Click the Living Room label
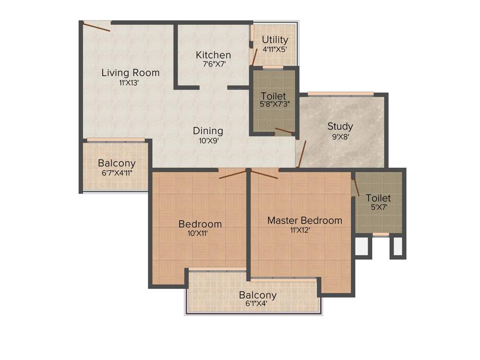click(130, 73)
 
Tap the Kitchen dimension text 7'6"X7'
click(214, 64)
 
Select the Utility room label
click(275, 40)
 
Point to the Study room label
click(340, 126)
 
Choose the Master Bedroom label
click(305, 220)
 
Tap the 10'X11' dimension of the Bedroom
click(200, 233)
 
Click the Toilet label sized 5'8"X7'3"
click(273, 96)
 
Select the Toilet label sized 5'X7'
click(378, 198)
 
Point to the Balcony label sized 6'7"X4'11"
click(117, 163)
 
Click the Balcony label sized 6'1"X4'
click(257, 295)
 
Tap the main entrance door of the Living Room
click(97, 27)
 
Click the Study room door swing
click(301, 154)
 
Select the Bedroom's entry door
click(232, 174)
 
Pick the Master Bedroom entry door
click(264, 175)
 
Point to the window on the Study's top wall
click(340, 94)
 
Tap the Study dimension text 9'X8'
click(340, 137)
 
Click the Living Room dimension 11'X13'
click(129, 83)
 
